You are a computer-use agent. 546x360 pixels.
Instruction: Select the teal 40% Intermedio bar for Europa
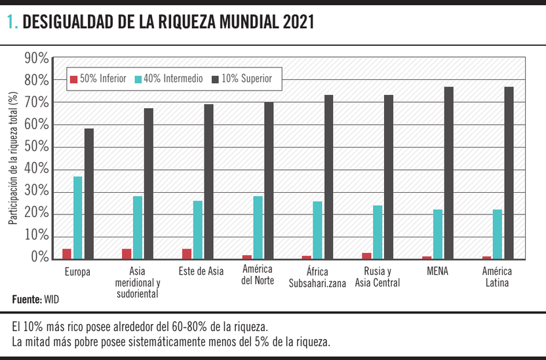[78, 217]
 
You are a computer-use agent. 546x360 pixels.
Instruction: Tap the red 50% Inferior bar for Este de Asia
[187, 254]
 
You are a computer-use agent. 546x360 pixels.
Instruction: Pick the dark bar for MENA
[449, 172]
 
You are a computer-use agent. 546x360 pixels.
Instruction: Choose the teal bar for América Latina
[497, 233]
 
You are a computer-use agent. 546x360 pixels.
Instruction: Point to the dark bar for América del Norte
[269, 180]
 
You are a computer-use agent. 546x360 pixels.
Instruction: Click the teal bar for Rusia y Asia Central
[378, 231]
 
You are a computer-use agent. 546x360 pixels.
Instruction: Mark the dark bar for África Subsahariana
[329, 176]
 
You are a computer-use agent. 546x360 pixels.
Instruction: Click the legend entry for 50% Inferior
[98, 79]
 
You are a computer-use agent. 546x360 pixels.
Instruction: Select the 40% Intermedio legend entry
[168, 79]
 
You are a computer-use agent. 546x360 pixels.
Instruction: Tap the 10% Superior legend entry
[246, 79]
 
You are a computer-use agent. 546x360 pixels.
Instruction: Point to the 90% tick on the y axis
[36, 59]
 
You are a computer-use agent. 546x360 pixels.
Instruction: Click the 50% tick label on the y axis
[36, 147]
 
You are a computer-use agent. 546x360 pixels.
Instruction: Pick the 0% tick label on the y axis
[39, 258]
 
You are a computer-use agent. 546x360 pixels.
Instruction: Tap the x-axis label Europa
[77, 271]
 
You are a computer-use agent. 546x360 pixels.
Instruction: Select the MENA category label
[437, 271]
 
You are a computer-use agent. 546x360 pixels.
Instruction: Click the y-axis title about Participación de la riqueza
[13, 159]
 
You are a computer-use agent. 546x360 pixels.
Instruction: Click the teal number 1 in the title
[11, 24]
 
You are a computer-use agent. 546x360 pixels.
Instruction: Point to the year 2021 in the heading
[299, 24]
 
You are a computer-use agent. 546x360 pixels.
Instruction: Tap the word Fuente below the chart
[27, 300]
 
